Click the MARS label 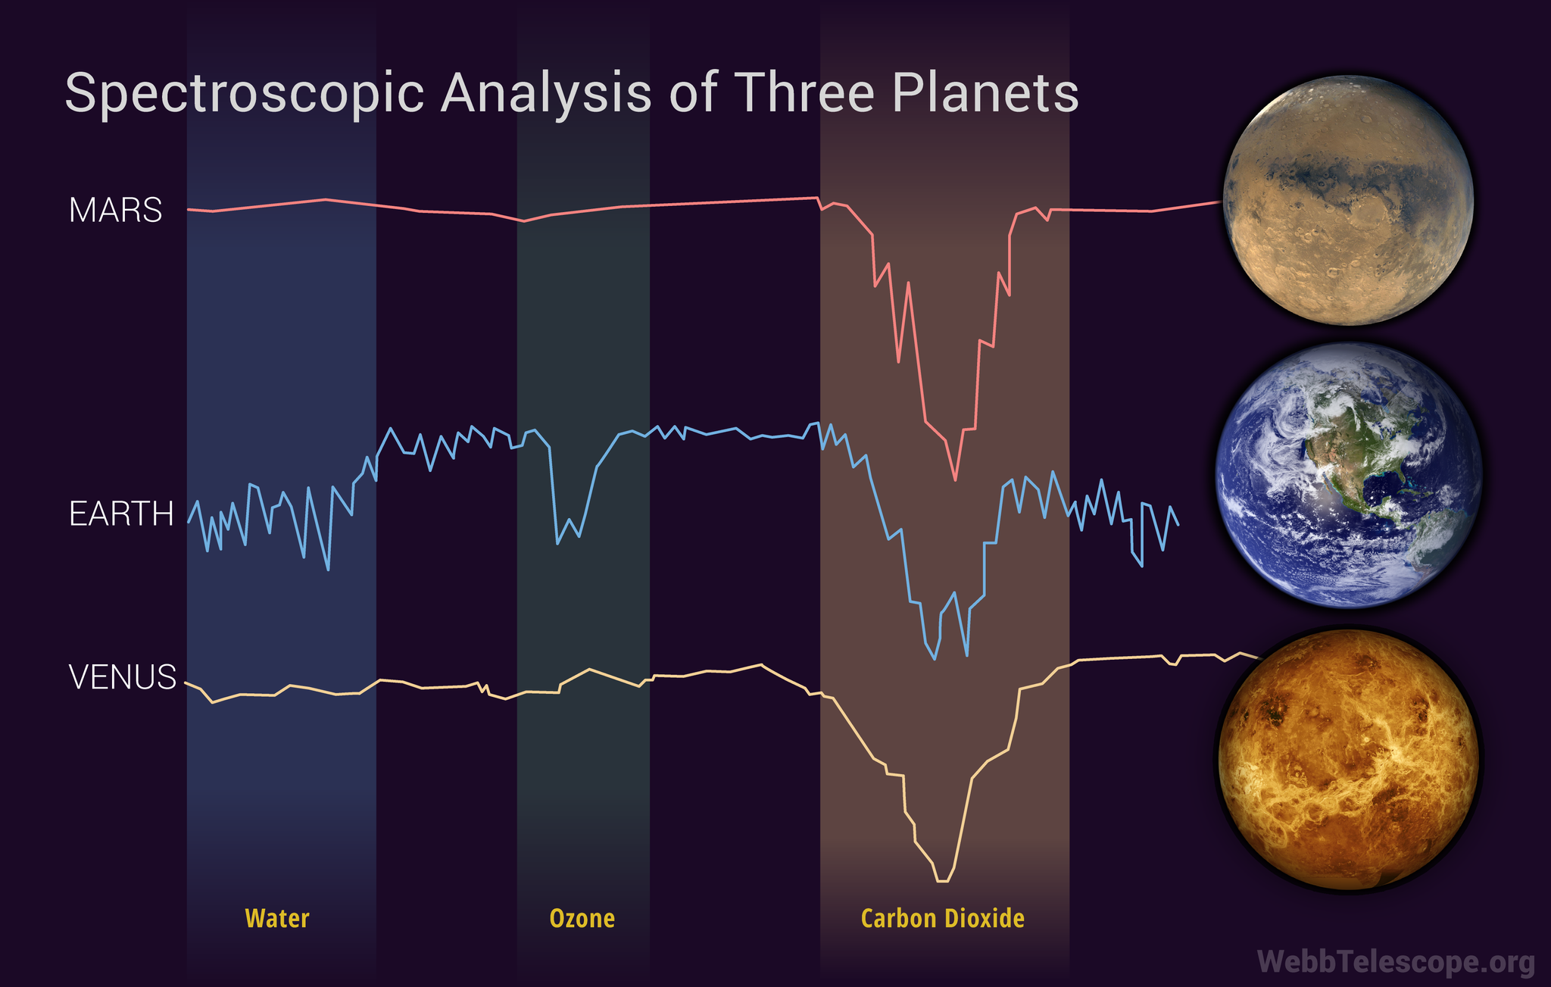point(115,210)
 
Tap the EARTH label point(121,514)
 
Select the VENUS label point(123,676)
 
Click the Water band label point(277,919)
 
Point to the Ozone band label point(582,919)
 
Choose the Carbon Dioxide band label point(943,919)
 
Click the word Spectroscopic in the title point(243,94)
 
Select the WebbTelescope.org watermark point(1396,962)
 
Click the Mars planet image point(1348,201)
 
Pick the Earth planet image point(1348,476)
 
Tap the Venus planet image point(1348,759)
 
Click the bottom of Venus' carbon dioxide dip point(942,881)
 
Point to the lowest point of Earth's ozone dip point(557,543)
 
